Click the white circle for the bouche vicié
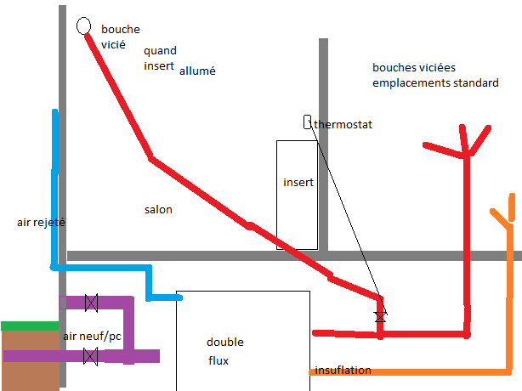(84, 25)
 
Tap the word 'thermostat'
(343, 125)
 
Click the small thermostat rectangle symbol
(307, 122)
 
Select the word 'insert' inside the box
(298, 182)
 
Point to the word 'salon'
(158, 209)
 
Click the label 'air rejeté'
(41, 223)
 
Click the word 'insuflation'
(343, 371)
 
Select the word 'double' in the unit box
(224, 343)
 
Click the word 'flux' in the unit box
(219, 360)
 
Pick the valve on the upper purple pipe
(91, 302)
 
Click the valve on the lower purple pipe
(89, 356)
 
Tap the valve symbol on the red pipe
(380, 316)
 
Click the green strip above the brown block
(30, 326)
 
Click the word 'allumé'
(197, 71)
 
